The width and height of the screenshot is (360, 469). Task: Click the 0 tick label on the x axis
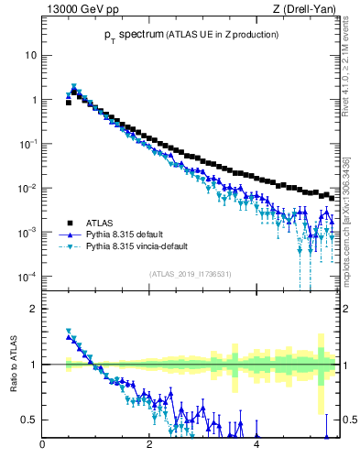coord(42,446)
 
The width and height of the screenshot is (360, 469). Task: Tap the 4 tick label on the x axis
coord(256,446)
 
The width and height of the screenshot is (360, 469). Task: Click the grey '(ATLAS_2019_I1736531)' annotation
coord(189,274)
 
